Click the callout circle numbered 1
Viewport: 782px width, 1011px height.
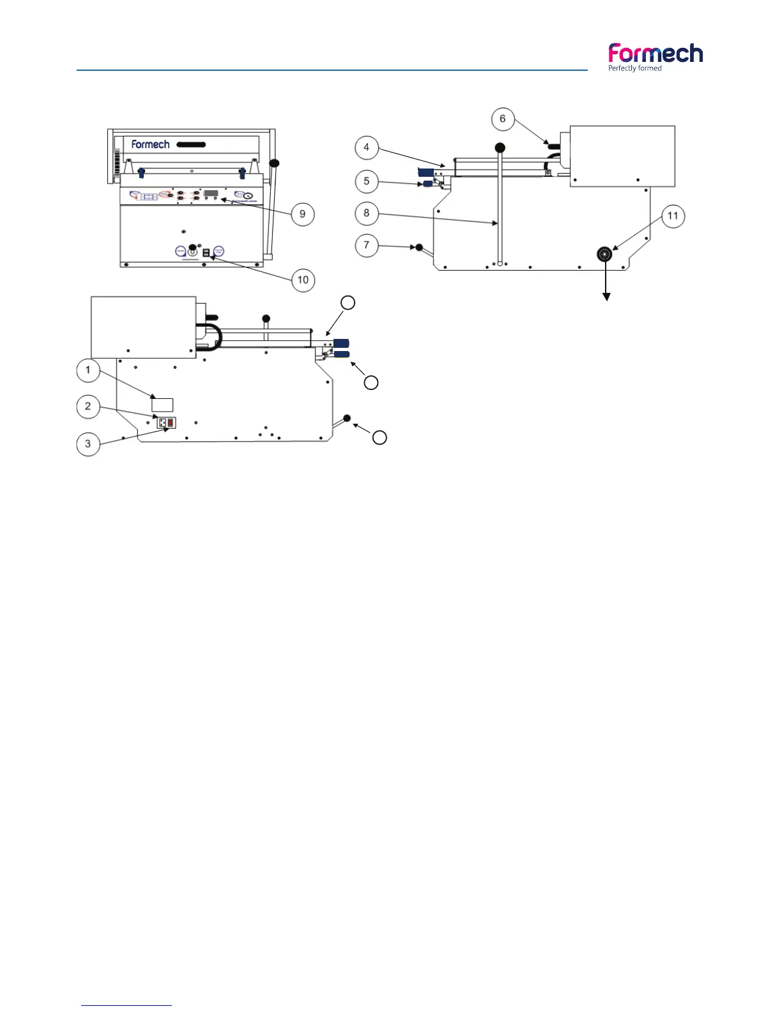point(88,370)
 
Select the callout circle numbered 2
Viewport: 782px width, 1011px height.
point(88,407)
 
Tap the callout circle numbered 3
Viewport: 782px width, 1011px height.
point(88,444)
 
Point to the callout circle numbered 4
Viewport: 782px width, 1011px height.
point(366,147)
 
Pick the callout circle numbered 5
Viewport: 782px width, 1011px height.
point(366,181)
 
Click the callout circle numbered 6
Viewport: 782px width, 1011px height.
point(502,119)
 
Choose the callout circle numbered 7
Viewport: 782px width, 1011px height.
point(366,245)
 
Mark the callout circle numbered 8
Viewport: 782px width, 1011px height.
point(366,213)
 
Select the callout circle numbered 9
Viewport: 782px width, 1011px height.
point(303,214)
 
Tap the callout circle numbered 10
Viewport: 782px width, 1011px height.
point(303,280)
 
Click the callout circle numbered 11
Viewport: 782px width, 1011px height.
point(673,216)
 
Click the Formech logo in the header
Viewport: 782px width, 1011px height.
point(655,54)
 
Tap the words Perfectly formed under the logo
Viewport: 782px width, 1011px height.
point(635,68)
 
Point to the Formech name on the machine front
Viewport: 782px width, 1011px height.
point(150,144)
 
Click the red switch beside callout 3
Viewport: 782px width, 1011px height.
point(171,422)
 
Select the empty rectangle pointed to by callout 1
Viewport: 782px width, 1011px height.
point(162,404)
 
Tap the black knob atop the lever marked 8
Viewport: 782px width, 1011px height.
point(500,147)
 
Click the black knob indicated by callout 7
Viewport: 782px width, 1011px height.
point(420,248)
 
